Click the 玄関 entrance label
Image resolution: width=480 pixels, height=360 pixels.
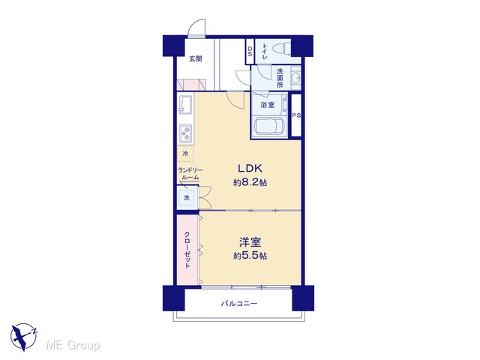click(x=195, y=58)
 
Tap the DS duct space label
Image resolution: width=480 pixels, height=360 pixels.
click(x=250, y=52)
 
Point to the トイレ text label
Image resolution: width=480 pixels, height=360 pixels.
click(x=265, y=52)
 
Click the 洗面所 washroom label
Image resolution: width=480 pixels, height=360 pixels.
click(x=280, y=78)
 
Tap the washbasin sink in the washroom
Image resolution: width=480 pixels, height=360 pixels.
click(x=295, y=78)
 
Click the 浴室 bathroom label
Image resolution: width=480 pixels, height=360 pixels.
click(x=267, y=105)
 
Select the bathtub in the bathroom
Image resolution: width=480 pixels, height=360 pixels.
click(x=269, y=127)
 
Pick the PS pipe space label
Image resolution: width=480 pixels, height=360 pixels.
click(x=296, y=115)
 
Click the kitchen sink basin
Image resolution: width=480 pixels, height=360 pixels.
click(x=185, y=103)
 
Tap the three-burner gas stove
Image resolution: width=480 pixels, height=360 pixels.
click(x=185, y=133)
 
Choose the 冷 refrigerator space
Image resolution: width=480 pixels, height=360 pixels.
click(x=185, y=153)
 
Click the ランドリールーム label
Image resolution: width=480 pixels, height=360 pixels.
click(x=190, y=174)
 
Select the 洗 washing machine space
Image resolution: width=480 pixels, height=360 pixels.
click(x=187, y=197)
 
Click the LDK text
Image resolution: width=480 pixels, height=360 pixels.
click(x=250, y=168)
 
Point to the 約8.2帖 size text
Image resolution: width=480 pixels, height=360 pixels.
click(x=250, y=183)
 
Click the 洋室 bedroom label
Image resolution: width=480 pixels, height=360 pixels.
click(x=250, y=242)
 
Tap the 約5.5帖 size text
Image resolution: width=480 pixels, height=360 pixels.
click(x=250, y=256)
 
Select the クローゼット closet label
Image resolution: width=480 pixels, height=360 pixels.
click(x=187, y=250)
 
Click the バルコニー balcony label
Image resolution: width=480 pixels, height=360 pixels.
click(x=239, y=304)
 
